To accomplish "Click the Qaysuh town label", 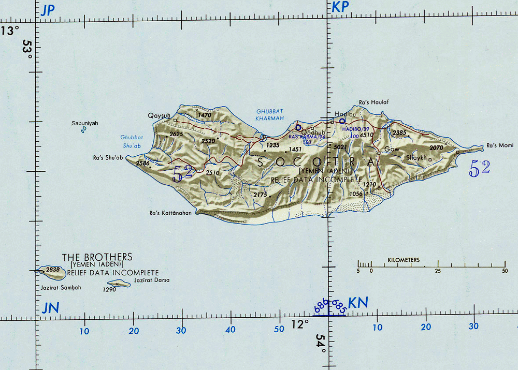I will click(159, 115).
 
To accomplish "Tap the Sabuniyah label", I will click(84, 123).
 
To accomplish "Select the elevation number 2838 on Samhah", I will click(53, 270).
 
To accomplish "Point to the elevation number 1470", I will click(205, 115).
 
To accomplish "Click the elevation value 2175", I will click(260, 194).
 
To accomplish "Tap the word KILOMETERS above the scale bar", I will click(404, 260).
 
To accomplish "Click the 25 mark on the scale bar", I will click(438, 271).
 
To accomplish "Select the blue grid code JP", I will click(48, 10).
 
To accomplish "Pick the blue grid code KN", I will click(357, 303).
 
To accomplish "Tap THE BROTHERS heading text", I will click(97, 257).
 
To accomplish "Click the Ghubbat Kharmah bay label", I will click(270, 114).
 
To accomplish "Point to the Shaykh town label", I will click(416, 157).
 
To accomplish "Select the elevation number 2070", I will click(437, 147).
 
